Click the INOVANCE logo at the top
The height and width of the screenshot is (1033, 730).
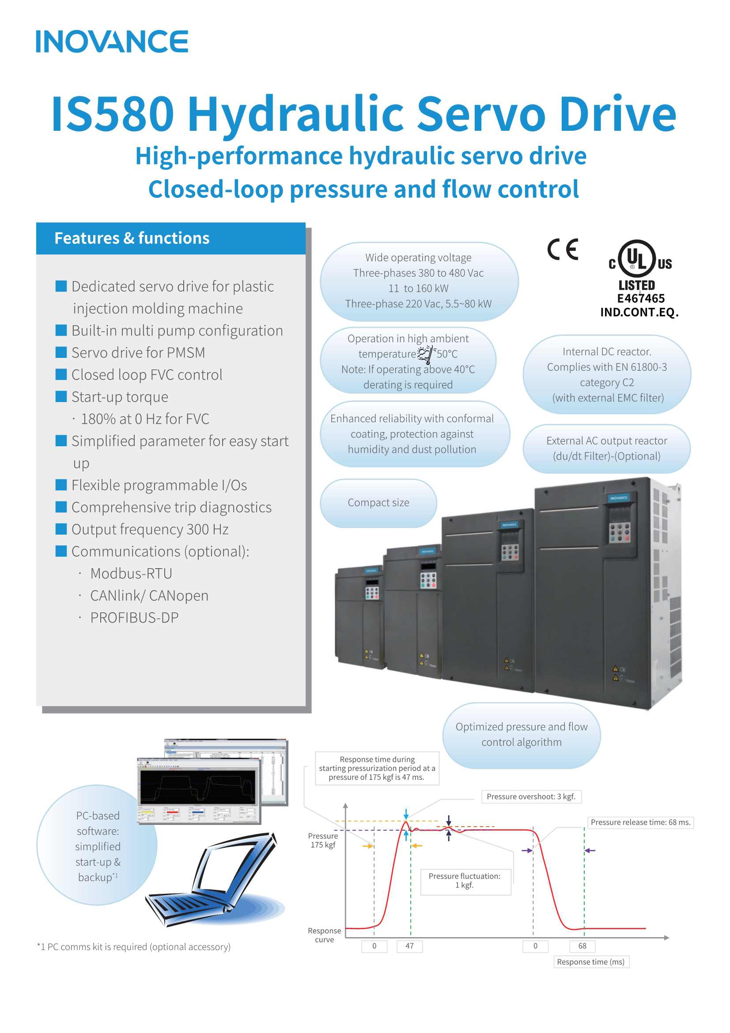(112, 42)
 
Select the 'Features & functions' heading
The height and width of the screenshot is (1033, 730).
(132, 238)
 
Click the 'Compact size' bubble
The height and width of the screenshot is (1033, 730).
(378, 502)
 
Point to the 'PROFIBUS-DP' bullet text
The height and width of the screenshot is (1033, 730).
(134, 618)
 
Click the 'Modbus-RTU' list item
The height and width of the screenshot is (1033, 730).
(131, 573)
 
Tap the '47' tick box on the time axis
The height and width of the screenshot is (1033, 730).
(409, 946)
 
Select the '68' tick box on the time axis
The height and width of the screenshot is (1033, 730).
(582, 946)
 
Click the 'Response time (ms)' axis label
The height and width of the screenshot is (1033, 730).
(590, 961)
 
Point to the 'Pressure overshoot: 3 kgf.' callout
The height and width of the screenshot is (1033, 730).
(531, 796)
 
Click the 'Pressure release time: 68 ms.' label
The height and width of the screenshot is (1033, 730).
(640, 822)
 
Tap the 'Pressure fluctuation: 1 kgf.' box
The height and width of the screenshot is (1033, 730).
(465, 881)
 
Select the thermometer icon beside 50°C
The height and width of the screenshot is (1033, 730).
(427, 353)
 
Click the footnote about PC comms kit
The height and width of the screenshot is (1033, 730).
(133, 946)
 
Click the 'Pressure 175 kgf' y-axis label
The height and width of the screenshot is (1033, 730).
(323, 840)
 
